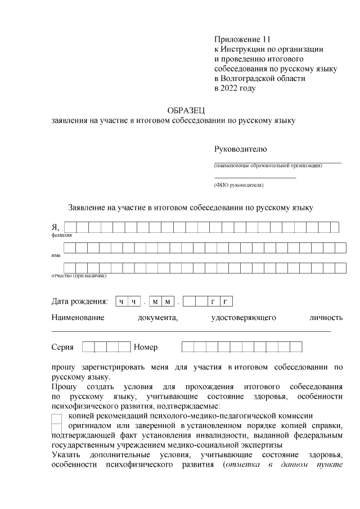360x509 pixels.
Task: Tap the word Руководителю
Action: (240, 149)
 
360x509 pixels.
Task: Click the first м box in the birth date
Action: (156, 302)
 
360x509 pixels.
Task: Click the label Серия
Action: (62, 347)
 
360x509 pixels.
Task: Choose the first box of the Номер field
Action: (187, 347)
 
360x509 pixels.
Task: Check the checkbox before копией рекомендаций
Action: (56, 418)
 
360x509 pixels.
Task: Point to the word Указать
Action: (67, 455)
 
